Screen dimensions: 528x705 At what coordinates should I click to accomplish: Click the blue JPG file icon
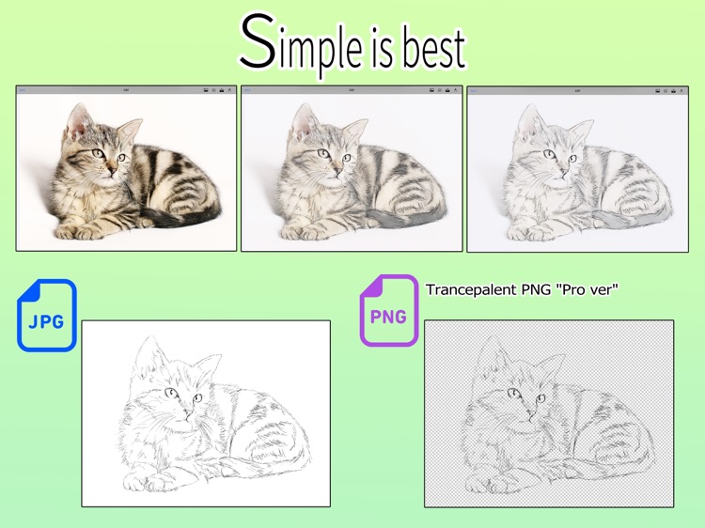[46, 316]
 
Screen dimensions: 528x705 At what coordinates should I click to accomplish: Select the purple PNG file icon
[388, 311]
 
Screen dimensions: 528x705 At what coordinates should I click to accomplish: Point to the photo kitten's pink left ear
[78, 119]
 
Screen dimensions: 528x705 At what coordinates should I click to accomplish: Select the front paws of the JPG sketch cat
[150, 483]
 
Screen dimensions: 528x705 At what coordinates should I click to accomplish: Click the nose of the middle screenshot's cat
[332, 170]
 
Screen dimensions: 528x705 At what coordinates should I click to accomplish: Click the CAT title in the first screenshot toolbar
[126, 91]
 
